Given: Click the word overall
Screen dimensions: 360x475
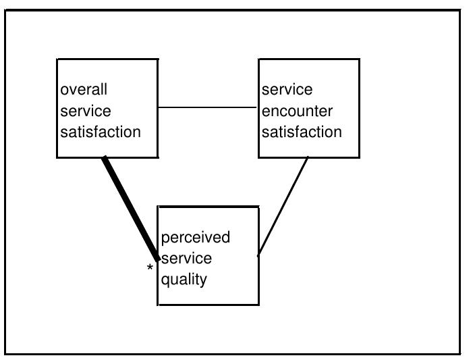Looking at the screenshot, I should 84,90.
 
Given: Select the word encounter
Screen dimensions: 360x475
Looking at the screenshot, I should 297,111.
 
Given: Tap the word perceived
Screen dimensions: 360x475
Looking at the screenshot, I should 195,238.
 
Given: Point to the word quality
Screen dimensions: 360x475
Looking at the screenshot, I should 184,279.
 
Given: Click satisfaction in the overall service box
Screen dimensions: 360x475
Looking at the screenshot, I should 101,132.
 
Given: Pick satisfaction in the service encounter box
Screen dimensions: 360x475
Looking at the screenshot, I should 302,132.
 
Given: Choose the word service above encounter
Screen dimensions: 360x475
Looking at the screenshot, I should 287,90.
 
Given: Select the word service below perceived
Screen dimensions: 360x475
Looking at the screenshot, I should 186,258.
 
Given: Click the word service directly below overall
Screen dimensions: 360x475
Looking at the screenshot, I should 86,111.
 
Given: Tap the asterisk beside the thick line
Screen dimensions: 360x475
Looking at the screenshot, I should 150,269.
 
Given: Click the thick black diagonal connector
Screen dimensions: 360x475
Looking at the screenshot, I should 131,208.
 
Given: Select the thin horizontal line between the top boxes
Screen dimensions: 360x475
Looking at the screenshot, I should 208,107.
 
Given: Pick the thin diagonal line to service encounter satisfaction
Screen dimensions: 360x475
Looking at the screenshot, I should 283,207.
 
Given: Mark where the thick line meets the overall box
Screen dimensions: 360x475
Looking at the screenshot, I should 105,158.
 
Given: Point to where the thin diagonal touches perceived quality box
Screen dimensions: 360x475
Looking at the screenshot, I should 259,255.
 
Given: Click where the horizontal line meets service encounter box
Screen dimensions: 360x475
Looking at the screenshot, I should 258,107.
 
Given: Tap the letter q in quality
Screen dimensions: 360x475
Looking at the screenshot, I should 165,280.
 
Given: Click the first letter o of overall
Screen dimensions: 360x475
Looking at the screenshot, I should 64,91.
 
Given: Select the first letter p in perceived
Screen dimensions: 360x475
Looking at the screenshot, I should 165,238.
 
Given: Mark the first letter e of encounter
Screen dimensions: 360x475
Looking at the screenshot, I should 266,111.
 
